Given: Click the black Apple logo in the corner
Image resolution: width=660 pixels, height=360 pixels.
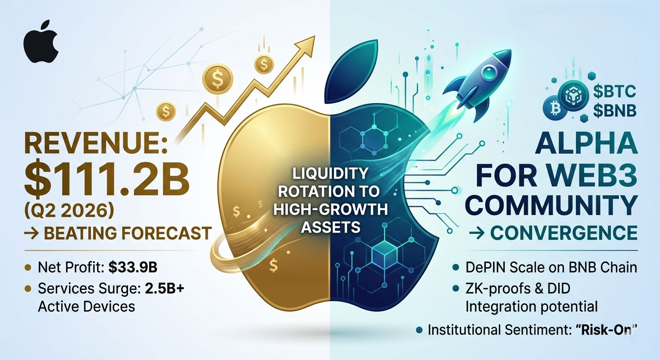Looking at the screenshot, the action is pos(40,42).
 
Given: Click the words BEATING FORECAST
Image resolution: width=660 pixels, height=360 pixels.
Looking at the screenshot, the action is pos(127,233).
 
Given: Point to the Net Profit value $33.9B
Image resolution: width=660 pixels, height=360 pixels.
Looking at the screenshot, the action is pos(133,268).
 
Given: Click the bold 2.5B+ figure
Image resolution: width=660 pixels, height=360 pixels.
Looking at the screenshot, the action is pos(165,288).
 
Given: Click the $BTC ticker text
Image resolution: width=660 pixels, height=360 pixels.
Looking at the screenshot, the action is pos(615,91).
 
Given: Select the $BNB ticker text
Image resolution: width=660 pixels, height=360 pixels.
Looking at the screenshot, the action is pos(615,111).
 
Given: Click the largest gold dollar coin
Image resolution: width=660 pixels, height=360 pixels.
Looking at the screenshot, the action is pos(217,79).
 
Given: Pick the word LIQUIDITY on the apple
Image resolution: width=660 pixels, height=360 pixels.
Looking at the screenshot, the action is pos(330,173).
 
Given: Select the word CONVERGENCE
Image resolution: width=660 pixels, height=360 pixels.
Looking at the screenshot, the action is pos(564,233).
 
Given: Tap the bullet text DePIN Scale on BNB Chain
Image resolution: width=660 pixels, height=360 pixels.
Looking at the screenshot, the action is pos(551,268).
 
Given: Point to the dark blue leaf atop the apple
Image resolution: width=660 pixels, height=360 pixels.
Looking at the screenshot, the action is pos(351,72).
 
